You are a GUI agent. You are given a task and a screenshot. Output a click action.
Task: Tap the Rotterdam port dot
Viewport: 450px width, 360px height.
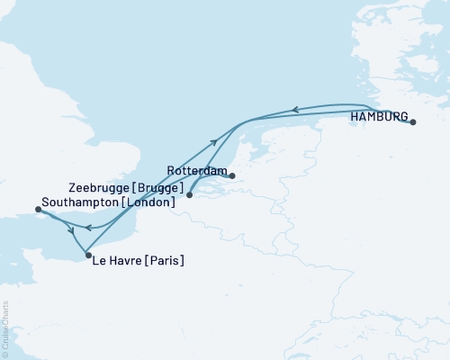coord(231,176)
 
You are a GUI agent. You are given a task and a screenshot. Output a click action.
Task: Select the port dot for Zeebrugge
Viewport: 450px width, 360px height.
coord(189,193)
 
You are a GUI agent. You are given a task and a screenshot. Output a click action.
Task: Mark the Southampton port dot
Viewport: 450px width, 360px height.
coord(37,210)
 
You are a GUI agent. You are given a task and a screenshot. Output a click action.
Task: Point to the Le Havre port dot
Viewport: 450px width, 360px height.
coord(87,256)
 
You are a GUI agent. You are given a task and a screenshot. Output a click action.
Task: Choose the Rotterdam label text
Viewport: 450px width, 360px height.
coord(195,170)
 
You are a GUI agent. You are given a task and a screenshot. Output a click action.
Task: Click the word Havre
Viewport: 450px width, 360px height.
coord(126,261)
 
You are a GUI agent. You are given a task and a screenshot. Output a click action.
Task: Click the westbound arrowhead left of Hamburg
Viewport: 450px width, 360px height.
coord(293,111)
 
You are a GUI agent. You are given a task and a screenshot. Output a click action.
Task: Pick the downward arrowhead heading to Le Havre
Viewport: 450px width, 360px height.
coord(71,231)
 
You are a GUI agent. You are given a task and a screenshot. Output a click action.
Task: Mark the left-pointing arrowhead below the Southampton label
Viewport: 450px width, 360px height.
coord(88,228)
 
